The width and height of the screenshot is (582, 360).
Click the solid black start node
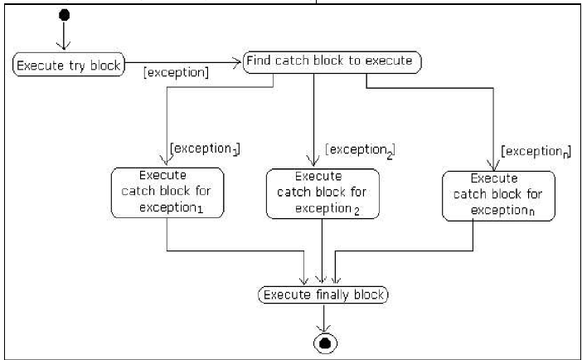point(64,16)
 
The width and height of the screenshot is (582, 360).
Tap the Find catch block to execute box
point(332,61)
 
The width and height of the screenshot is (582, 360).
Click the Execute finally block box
point(323,294)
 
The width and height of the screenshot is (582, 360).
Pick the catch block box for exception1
point(167,192)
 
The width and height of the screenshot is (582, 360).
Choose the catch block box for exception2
point(321,194)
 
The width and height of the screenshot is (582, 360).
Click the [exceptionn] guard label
point(535,153)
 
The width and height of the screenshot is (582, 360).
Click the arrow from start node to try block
point(64,36)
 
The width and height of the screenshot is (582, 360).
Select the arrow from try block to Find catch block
point(182,61)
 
